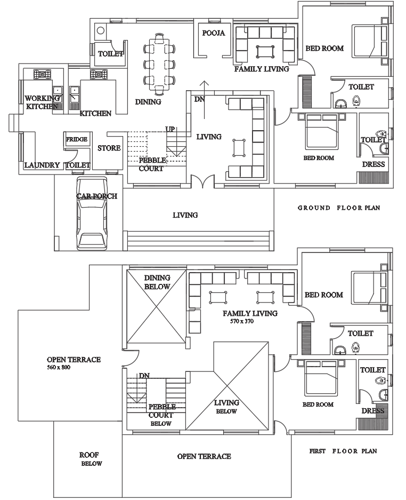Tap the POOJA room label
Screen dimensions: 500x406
click(x=214, y=33)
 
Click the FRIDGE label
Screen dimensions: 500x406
click(x=77, y=139)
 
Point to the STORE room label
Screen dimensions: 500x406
click(x=109, y=148)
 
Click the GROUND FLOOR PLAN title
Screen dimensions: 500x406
click(x=338, y=208)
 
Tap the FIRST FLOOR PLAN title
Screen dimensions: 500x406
click(x=343, y=451)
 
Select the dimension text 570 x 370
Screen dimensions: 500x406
click(x=242, y=322)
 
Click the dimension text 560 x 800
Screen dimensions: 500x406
click(x=59, y=368)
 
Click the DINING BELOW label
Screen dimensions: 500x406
click(x=157, y=282)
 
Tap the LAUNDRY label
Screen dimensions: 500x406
click(x=42, y=165)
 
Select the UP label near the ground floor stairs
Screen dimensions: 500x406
click(x=170, y=129)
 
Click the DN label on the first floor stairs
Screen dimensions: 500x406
click(x=144, y=376)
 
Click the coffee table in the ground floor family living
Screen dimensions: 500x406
click(x=265, y=51)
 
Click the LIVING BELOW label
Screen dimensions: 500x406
click(x=226, y=407)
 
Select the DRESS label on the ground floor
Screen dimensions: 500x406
click(x=373, y=164)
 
